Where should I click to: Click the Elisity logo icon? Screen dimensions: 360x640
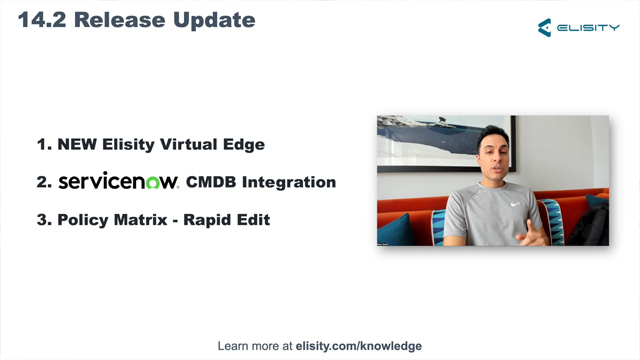pyautogui.click(x=545, y=28)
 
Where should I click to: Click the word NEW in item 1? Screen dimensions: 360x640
pyautogui.click(x=76, y=144)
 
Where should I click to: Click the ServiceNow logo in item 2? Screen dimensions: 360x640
pyautogui.click(x=118, y=182)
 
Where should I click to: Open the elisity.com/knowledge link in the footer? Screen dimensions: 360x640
pyautogui.click(x=359, y=346)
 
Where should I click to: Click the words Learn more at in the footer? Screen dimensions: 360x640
pyautogui.click(x=255, y=346)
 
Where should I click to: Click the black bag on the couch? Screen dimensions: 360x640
pyautogui.click(x=589, y=225)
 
